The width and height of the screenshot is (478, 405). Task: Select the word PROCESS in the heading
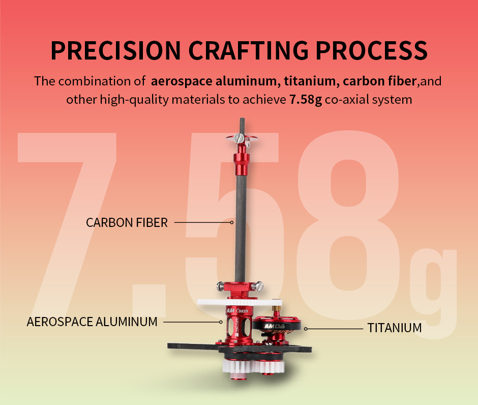click(x=372, y=50)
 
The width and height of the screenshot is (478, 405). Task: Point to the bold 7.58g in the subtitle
click(x=306, y=100)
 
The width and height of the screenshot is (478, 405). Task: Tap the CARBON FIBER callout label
click(x=127, y=223)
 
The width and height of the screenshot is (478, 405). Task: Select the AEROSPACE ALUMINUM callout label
click(x=92, y=322)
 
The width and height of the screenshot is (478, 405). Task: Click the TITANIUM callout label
click(x=395, y=328)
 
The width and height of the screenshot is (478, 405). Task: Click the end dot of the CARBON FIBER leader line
click(x=232, y=223)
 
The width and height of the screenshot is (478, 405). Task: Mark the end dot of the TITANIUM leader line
click(x=306, y=329)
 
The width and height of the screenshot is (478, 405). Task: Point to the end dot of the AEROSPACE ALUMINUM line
click(x=221, y=322)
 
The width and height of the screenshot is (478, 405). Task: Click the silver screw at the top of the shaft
click(x=239, y=139)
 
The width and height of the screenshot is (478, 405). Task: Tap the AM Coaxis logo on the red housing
click(x=237, y=310)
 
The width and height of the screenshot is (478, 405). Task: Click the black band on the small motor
click(x=277, y=326)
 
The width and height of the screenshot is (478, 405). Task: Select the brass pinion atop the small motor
click(x=277, y=308)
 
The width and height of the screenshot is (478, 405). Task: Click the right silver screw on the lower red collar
click(x=259, y=286)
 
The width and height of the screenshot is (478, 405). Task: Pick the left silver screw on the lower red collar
click(x=220, y=286)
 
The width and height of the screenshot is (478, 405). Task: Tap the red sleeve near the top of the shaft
click(x=242, y=161)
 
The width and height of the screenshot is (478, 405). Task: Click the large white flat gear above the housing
click(x=240, y=303)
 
